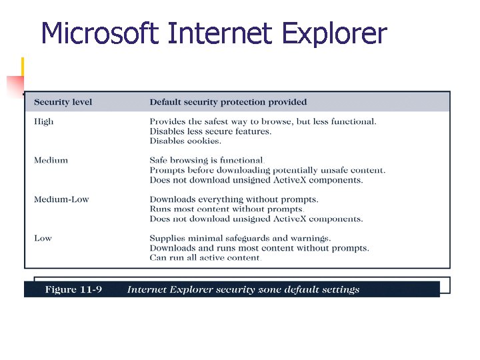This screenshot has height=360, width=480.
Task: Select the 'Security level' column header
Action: pos(63,102)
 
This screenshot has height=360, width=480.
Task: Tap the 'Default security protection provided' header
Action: pos(228,102)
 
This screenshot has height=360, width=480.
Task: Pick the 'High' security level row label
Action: pos(44,121)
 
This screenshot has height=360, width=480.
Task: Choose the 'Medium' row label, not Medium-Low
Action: pos(51,161)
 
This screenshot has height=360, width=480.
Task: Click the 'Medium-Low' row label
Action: pos(61,199)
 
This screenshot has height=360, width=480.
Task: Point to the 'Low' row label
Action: pos(43,238)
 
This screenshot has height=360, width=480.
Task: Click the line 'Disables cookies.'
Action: pos(185,141)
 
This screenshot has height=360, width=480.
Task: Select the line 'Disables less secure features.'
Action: pos(210,131)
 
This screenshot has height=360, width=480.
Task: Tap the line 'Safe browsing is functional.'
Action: pos(207,161)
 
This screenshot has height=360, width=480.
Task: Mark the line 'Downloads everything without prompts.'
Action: pos(233,199)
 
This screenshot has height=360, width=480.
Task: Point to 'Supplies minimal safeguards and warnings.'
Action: pos(240,238)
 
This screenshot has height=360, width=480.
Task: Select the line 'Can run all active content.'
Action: pos(205,258)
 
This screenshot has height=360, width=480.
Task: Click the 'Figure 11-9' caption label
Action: pos(73,290)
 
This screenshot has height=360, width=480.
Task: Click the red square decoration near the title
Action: pos(15,86)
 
